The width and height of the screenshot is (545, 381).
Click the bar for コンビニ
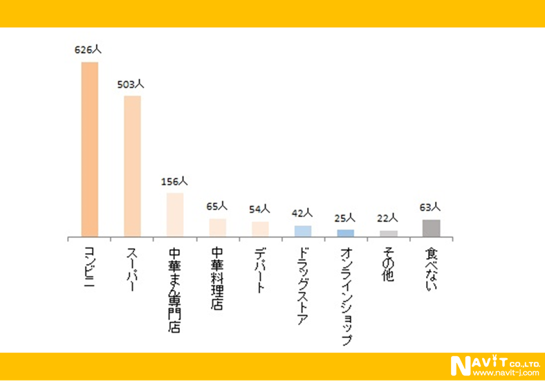(x=90, y=149)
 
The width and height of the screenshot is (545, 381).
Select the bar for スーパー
(x=132, y=166)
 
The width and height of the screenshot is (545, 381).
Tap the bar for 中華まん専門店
(x=175, y=214)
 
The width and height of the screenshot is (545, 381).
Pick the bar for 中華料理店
(x=218, y=227)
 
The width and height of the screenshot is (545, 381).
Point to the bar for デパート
(x=260, y=229)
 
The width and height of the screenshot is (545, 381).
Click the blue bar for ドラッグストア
(x=303, y=231)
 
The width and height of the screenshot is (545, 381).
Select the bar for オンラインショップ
(x=346, y=233)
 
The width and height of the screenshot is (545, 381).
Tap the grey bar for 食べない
(x=431, y=228)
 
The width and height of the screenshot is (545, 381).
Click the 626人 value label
(x=89, y=50)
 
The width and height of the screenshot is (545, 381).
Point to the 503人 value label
(x=131, y=84)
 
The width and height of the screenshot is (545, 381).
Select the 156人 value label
(x=174, y=182)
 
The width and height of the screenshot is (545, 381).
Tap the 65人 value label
(x=217, y=207)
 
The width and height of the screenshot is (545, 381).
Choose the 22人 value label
(x=388, y=219)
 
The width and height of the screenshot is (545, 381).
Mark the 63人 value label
(x=430, y=207)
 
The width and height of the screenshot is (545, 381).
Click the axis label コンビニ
(x=89, y=266)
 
